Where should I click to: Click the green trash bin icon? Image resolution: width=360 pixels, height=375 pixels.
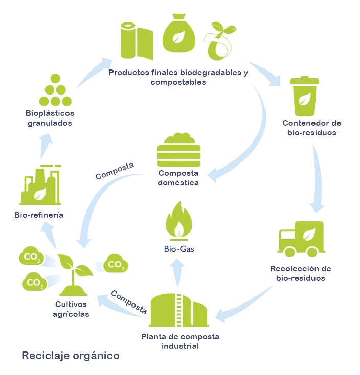click(304, 96)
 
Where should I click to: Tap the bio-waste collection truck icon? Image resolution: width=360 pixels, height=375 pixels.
click(301, 239)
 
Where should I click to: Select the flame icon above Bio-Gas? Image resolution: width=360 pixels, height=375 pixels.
click(179, 221)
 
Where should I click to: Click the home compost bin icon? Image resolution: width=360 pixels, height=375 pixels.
click(179, 150)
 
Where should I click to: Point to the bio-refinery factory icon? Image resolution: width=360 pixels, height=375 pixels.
click(40, 185)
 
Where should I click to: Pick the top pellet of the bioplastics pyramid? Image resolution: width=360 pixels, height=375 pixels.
click(55, 79)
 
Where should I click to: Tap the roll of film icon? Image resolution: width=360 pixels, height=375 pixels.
click(137, 41)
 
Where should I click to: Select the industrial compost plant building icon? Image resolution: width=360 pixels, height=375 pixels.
click(179, 310)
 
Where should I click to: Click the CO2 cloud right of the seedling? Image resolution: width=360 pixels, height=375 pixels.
click(116, 263)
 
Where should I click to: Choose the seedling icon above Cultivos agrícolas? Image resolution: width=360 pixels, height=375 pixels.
click(75, 274)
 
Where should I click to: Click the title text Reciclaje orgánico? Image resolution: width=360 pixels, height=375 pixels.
click(71, 356)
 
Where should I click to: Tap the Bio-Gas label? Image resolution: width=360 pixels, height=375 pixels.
click(179, 249)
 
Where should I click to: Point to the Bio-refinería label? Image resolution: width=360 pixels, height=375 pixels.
click(39, 215)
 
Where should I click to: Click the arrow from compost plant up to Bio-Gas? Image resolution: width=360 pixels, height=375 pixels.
click(177, 272)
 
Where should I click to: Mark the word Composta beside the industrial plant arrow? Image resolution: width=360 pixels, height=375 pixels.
click(129, 302)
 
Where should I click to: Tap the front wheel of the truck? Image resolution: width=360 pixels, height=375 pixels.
click(290, 252)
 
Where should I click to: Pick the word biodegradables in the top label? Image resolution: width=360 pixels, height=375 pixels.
click(211, 73)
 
